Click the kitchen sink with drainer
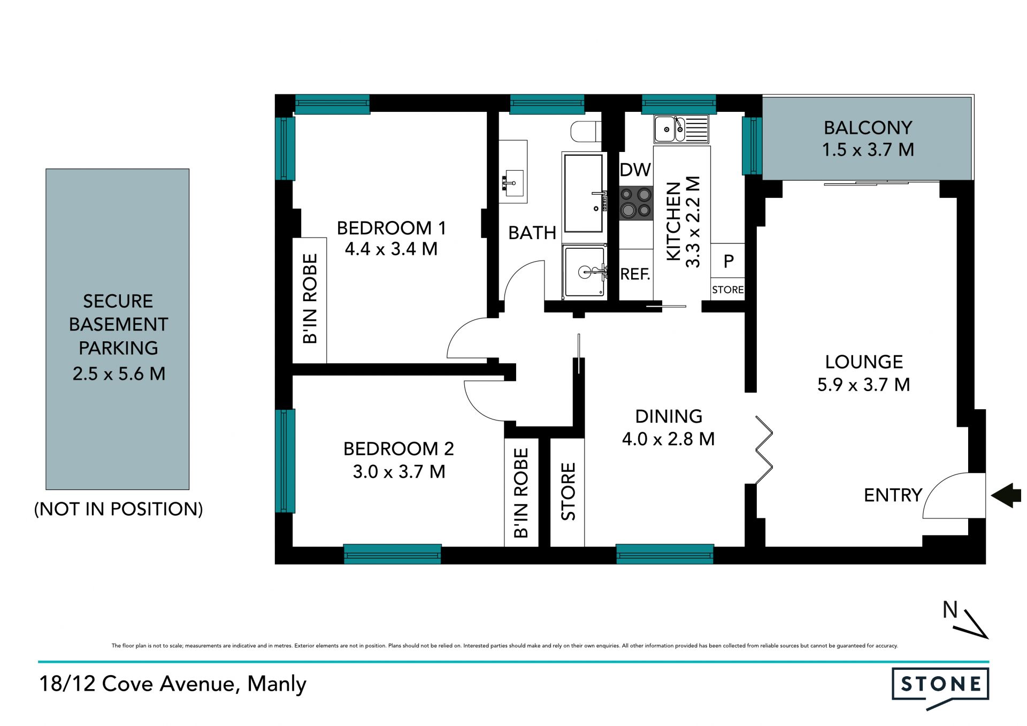point(681,129)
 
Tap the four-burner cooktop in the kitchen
point(636,203)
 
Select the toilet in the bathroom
point(586,132)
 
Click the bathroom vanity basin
point(513,171)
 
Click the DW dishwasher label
point(635,170)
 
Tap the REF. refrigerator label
point(635,274)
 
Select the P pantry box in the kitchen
point(727,261)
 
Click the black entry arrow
point(1006,495)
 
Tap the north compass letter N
point(950,610)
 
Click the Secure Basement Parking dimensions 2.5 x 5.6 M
point(119,373)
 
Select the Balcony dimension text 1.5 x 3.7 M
point(868,150)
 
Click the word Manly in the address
point(277,684)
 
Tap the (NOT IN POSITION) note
point(118,509)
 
